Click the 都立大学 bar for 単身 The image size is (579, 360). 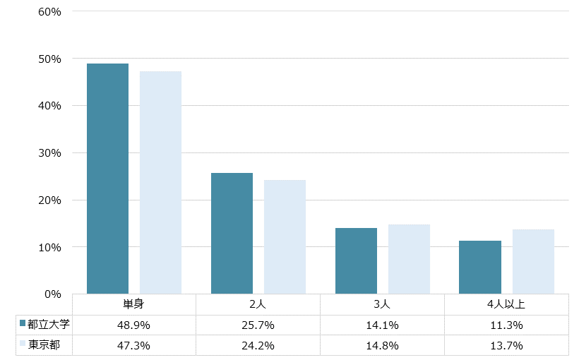coord(107,179)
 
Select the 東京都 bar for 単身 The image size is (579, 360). coord(160,182)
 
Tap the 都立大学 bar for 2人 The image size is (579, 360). coord(232,233)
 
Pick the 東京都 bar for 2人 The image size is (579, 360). coord(285,236)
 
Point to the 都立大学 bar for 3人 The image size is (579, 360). coord(356,260)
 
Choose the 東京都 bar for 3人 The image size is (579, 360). coord(409,259)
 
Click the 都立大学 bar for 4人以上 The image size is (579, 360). coord(480,267)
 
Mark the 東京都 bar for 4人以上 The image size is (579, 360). coord(533,261)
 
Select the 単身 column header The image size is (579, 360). coord(134,305)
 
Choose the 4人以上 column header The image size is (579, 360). coord(506,305)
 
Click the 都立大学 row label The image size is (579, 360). coord(49,325)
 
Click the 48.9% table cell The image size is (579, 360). coord(134,325)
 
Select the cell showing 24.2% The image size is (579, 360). coord(258,346)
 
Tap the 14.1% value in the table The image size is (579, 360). coord(382,325)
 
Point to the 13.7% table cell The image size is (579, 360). coord(506,346)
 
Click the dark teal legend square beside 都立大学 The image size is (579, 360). coord(23,324)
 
